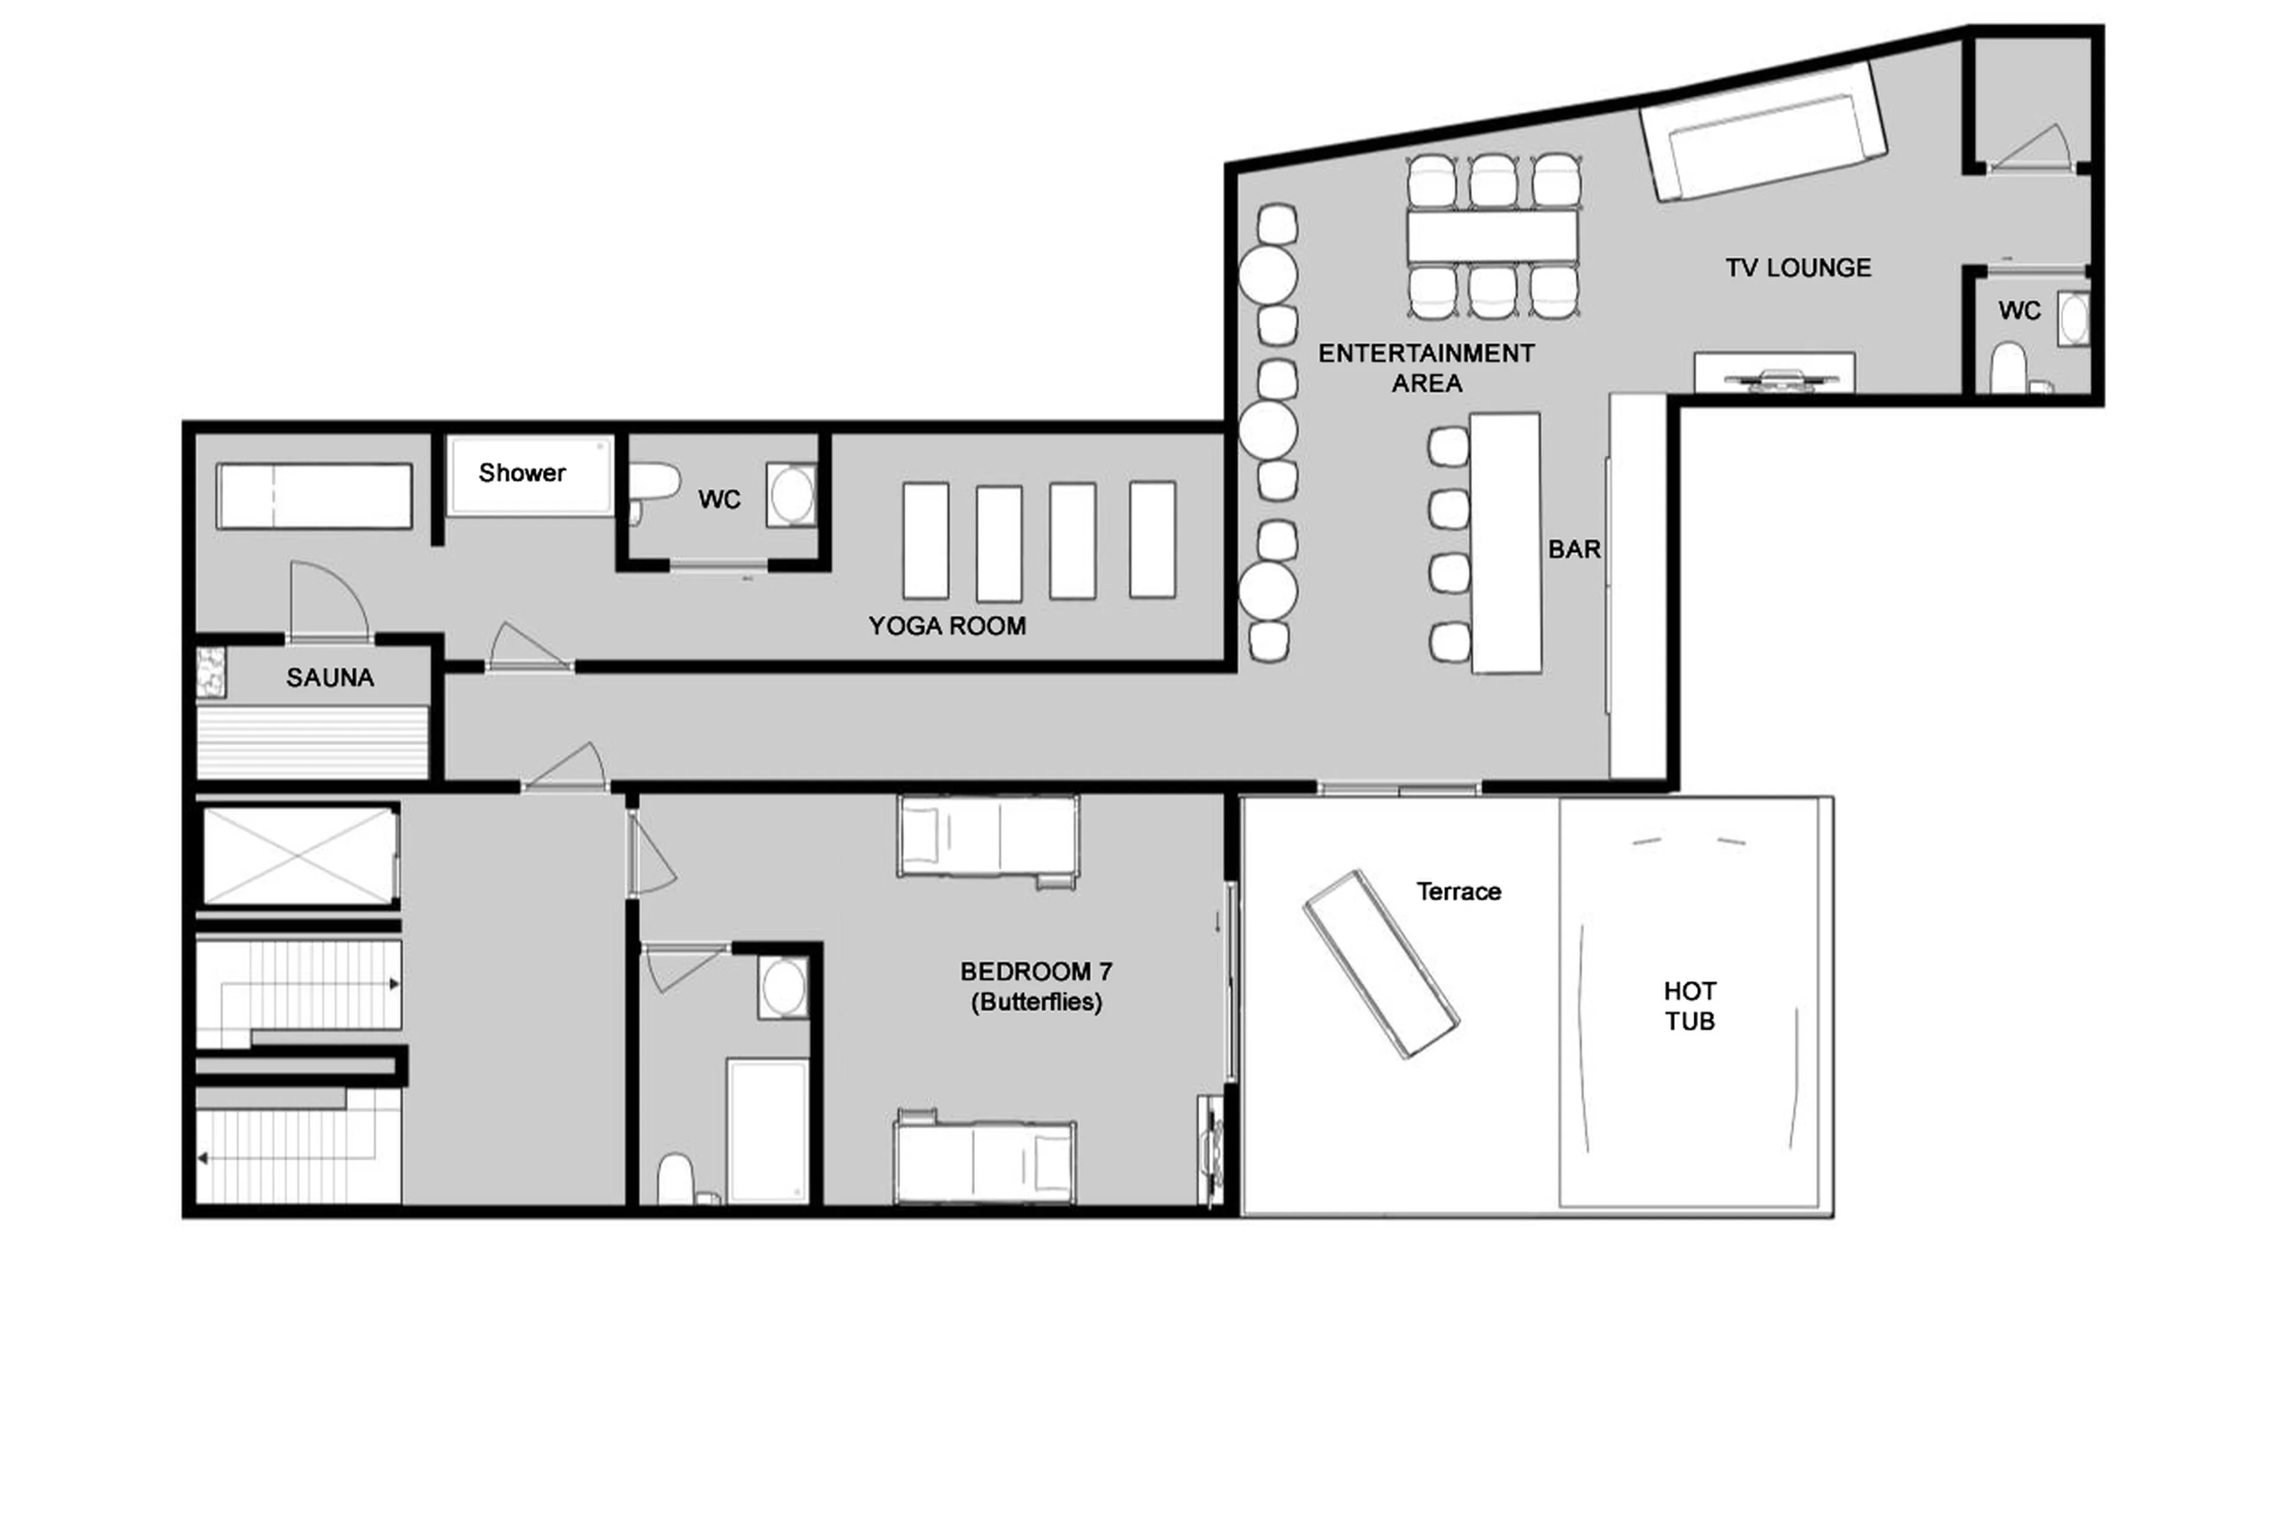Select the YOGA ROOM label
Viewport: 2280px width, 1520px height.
pos(946,625)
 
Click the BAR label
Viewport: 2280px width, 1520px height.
pos(1573,549)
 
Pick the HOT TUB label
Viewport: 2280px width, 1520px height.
pos(1689,1005)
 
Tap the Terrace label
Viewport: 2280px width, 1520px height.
pos(1458,891)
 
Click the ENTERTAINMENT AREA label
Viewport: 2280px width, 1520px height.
pos(1426,368)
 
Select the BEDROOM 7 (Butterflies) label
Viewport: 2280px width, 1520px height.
pos(1036,986)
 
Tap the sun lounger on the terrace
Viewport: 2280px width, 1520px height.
pos(1381,963)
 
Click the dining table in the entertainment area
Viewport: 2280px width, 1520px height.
pos(1492,236)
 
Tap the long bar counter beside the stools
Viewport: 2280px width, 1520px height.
pos(1505,543)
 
